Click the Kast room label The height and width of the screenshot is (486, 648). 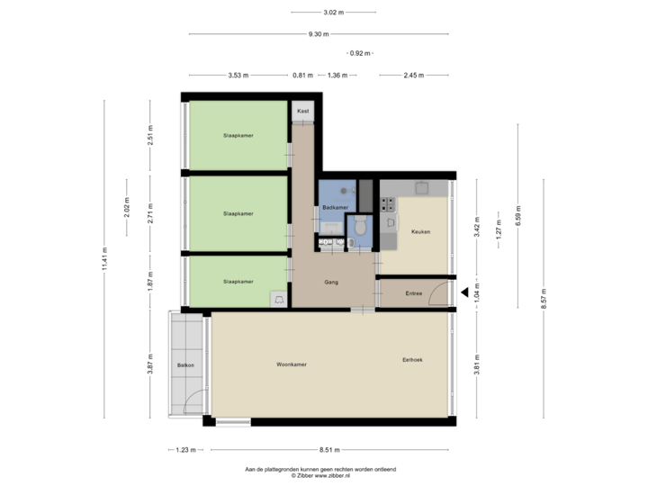pos(303,111)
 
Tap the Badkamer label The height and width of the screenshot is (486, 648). pos(335,208)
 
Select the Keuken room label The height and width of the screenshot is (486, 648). pos(420,232)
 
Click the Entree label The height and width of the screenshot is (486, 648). pos(414,293)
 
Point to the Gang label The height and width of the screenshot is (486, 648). pos(331,283)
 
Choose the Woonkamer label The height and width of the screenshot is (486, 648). pos(292,364)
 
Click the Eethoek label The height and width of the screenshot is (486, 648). pos(413,360)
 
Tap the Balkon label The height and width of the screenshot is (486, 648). pos(186,364)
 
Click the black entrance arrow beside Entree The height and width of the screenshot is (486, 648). pos(464,292)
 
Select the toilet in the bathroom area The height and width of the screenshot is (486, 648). pos(361,228)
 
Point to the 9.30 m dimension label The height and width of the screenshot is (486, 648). pos(319,34)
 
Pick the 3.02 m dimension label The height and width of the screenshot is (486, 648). pos(335,13)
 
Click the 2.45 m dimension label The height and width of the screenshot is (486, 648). pos(413,75)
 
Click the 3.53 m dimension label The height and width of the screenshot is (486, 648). pos(238,75)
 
